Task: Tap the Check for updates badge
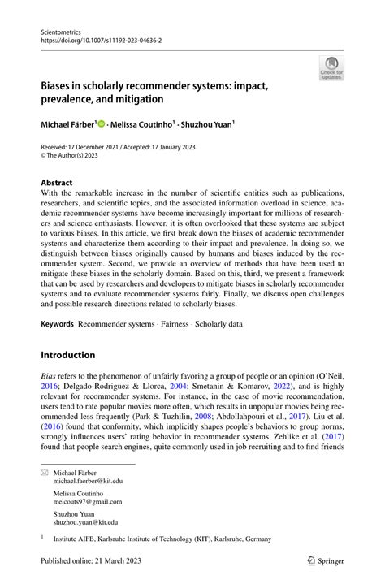pos(331,69)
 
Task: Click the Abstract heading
pos(56,183)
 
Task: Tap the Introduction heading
pos(68,355)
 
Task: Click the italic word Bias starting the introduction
pos(49,378)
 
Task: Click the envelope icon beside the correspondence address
pos(45,471)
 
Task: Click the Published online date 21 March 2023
pos(122,560)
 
